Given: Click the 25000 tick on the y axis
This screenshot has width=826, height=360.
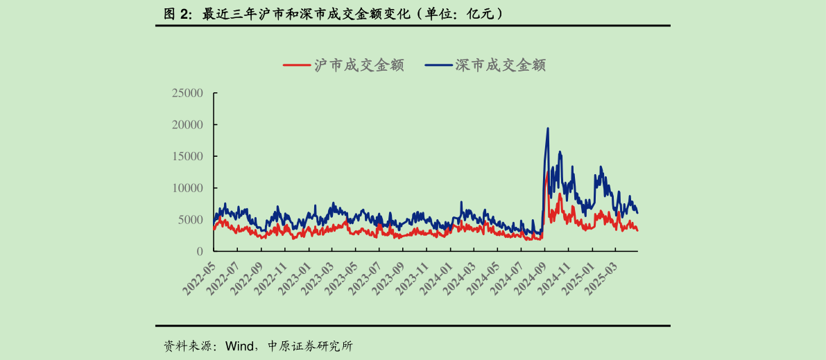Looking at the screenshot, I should pyautogui.click(x=187, y=93).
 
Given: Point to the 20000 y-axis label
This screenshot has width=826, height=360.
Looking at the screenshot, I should pyautogui.click(x=187, y=125).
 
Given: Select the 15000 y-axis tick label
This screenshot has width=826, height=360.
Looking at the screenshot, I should pyautogui.click(x=187, y=156).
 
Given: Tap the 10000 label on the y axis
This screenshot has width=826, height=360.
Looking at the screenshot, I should pyautogui.click(x=187, y=188).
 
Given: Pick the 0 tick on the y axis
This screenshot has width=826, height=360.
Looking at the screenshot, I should pyautogui.click(x=199, y=251).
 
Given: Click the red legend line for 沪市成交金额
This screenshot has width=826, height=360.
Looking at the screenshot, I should pyautogui.click(x=295, y=65).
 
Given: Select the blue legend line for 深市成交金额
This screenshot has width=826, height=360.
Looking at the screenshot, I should pyautogui.click(x=438, y=65).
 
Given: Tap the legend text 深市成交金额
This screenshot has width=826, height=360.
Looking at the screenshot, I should pyautogui.click(x=500, y=65).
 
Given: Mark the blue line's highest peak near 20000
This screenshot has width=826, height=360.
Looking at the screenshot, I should pyautogui.click(x=548, y=128).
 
